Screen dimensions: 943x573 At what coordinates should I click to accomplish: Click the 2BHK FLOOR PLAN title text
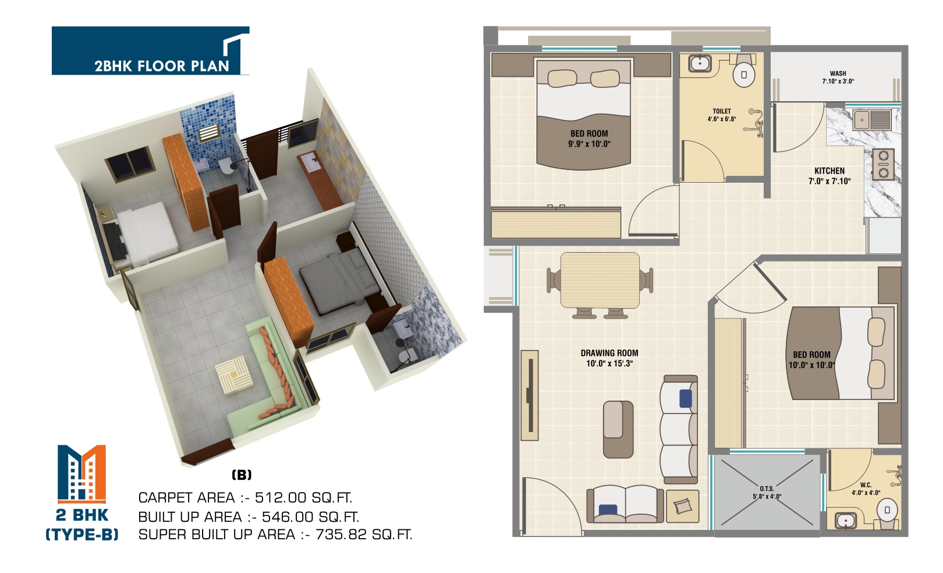(162, 66)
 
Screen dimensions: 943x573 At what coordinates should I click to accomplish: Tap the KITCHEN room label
(829, 171)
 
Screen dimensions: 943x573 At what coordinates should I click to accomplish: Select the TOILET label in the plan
(722, 111)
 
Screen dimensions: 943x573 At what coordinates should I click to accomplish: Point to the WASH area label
(838, 73)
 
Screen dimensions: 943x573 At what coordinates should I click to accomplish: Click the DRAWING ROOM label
(609, 353)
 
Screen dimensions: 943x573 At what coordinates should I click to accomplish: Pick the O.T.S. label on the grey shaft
(767, 489)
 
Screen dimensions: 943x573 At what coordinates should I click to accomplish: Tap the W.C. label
(866, 485)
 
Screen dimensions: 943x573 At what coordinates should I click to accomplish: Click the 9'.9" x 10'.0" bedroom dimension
(589, 144)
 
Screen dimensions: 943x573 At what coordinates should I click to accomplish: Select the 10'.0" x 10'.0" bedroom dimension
(811, 365)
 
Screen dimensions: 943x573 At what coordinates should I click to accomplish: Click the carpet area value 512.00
(281, 498)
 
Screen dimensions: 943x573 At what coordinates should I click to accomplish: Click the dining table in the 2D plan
(600, 281)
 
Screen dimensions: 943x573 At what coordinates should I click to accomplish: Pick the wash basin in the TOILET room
(700, 63)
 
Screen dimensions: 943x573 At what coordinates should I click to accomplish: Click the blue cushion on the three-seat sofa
(685, 398)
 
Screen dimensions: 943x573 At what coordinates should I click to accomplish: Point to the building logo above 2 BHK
(81, 473)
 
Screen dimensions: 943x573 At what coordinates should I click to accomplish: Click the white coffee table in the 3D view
(233, 375)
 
